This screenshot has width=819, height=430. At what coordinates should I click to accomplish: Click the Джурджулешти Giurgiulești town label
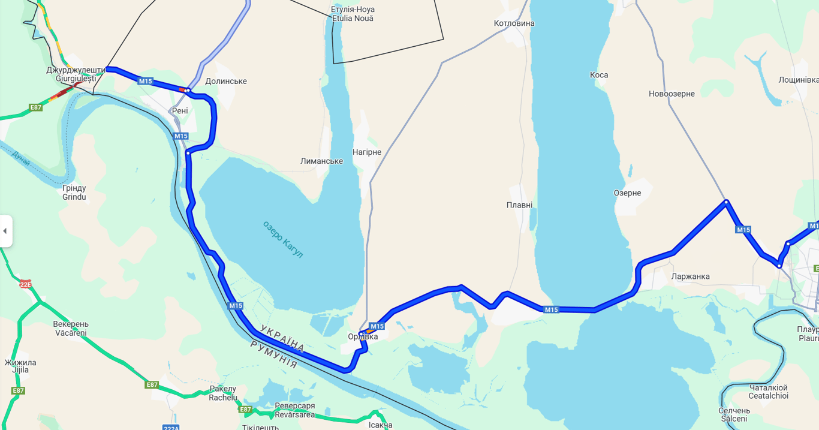[x=76, y=74]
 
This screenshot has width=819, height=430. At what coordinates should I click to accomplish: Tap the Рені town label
[x=180, y=111]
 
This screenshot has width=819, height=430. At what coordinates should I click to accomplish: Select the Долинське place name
[x=226, y=82]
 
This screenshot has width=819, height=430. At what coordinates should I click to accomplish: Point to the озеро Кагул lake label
[x=283, y=239]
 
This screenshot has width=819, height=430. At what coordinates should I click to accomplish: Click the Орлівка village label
[x=363, y=337]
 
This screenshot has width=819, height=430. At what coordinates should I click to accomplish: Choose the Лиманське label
[x=321, y=161]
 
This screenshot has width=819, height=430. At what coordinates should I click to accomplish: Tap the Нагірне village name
[x=367, y=152]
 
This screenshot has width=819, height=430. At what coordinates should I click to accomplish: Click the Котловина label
[x=514, y=23]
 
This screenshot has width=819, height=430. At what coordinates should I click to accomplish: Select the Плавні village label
[x=519, y=205]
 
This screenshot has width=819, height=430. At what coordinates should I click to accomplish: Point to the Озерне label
[x=627, y=193]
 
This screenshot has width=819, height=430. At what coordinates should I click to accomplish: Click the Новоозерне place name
[x=672, y=94]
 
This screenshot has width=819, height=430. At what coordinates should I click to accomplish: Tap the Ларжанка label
[x=691, y=276]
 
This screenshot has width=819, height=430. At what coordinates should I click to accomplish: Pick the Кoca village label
[x=599, y=75]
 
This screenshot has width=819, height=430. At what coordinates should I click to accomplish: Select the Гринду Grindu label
[x=74, y=193]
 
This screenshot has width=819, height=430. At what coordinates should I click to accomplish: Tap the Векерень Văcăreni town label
[x=71, y=329]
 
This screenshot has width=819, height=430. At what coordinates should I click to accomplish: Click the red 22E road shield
[x=25, y=284]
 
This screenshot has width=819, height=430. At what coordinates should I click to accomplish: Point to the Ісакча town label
[x=381, y=425]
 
